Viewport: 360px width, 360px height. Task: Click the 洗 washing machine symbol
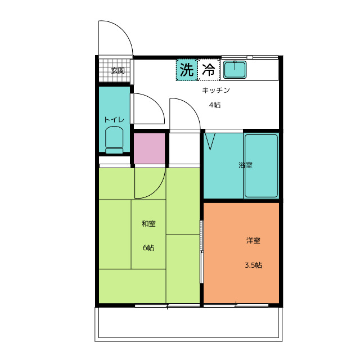187,70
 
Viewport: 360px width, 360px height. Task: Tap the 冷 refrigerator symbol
209,70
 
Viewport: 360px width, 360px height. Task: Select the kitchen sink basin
235,69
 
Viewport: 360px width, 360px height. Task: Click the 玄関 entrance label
118,71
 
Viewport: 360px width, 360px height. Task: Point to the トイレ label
114,120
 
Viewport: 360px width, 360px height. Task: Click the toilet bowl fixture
114,139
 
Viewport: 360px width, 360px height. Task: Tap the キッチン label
216,90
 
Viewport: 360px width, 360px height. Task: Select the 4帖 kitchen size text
215,105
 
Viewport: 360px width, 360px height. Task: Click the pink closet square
149,148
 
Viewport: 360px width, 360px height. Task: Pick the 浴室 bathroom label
245,165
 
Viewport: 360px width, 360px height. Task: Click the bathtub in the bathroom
261,166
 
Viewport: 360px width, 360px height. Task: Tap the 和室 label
148,224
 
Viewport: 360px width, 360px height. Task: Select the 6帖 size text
148,247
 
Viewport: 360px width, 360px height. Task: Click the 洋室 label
253,241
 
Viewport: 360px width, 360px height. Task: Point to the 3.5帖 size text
253,265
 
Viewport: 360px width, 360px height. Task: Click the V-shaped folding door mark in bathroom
210,142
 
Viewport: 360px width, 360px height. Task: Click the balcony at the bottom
188,324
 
